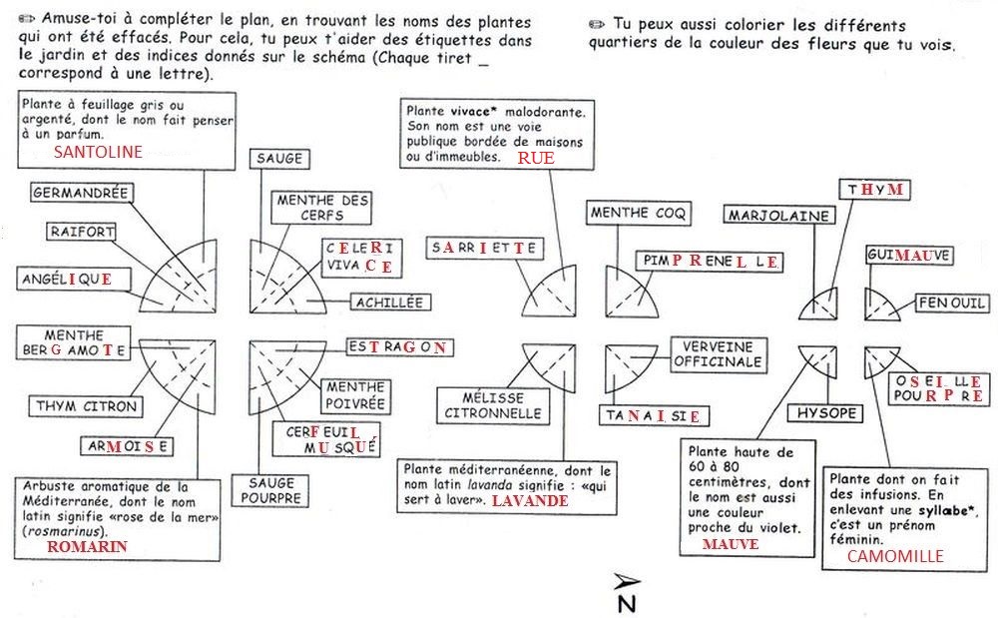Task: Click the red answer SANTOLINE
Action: (x=98, y=152)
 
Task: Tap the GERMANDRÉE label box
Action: (x=80, y=192)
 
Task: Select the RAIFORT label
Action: (x=82, y=232)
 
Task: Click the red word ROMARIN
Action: (x=88, y=547)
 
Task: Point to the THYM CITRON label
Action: (x=87, y=406)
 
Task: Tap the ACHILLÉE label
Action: (x=388, y=302)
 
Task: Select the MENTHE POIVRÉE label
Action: (x=354, y=395)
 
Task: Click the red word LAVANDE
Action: (x=530, y=500)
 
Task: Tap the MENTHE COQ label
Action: (x=633, y=213)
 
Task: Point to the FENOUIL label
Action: (x=953, y=304)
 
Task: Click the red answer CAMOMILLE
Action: (x=894, y=556)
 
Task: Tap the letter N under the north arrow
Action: (x=626, y=602)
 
